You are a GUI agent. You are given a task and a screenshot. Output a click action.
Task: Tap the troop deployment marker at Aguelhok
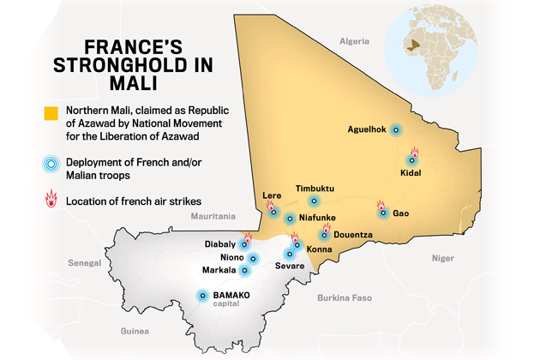tap(395, 130)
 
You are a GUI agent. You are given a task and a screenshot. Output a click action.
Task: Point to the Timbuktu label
tap(315, 188)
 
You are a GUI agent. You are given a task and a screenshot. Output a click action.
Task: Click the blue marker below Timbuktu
tap(314, 201)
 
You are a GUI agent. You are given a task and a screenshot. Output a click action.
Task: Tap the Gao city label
tap(400, 213)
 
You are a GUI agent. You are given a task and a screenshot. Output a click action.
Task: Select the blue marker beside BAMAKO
tap(202, 296)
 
